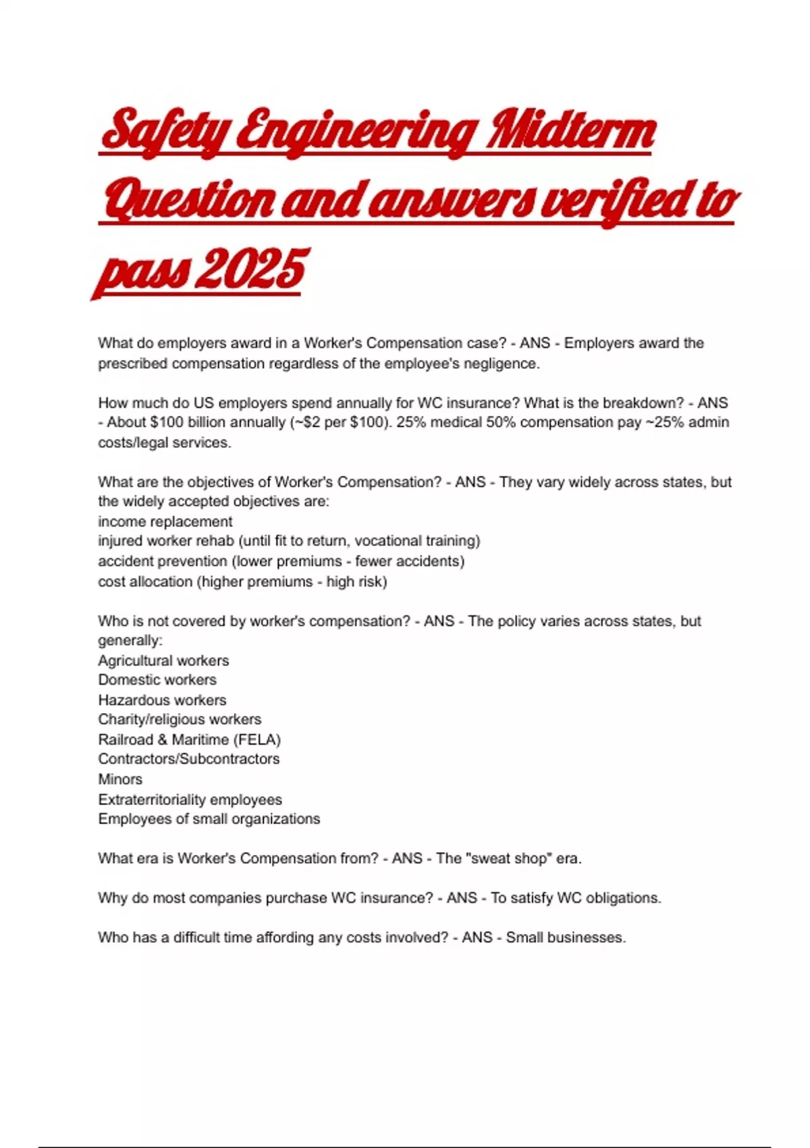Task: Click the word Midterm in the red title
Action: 570,131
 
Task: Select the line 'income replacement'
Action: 165,522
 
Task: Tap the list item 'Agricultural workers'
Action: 163,660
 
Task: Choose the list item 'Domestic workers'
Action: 157,680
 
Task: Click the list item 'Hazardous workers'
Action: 162,700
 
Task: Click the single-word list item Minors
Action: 120,779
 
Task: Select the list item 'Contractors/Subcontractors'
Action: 189,759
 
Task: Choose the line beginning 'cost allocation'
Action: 242,581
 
